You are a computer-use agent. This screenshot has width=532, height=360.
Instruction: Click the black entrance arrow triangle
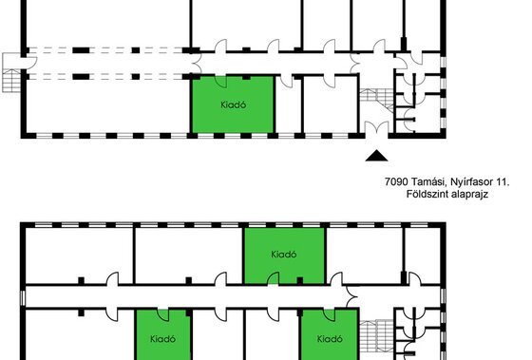click(x=376, y=157)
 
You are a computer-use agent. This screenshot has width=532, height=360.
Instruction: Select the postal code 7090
click(x=396, y=181)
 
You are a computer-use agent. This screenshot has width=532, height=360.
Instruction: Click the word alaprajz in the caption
click(x=469, y=195)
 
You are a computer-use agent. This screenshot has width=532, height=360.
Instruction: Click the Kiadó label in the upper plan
click(x=233, y=104)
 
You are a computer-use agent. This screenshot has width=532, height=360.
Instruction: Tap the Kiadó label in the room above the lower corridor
click(x=284, y=255)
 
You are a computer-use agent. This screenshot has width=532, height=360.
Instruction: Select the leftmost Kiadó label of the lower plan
click(x=162, y=338)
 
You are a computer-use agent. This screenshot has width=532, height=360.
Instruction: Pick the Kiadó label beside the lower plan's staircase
click(x=330, y=338)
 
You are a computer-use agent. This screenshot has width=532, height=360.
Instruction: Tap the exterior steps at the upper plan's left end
click(x=11, y=81)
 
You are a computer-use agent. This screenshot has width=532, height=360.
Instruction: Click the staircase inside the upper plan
click(x=376, y=99)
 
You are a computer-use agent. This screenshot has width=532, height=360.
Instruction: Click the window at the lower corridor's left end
click(x=23, y=297)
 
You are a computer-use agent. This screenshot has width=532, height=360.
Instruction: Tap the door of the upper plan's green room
click(x=220, y=82)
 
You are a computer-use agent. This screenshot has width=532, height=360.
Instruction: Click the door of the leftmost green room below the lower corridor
click(x=162, y=315)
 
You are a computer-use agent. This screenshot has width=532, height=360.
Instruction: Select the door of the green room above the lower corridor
click(x=274, y=278)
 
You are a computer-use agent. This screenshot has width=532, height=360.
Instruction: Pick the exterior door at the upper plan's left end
click(x=29, y=63)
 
